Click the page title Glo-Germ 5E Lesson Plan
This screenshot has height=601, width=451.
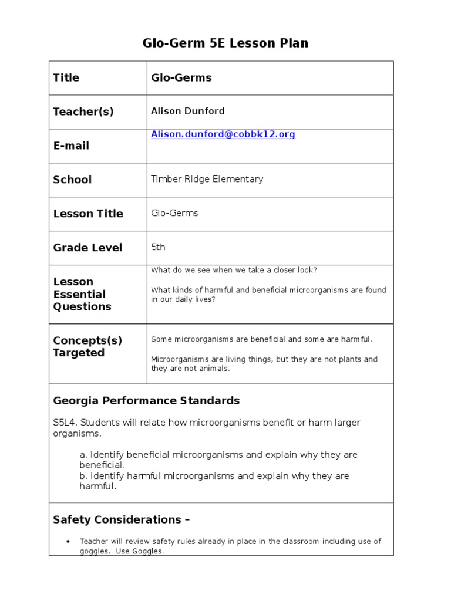click(x=225, y=43)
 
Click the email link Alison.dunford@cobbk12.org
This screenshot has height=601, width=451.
click(x=223, y=134)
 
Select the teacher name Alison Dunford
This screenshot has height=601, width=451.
click(x=187, y=111)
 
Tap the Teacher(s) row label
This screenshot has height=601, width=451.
click(x=83, y=112)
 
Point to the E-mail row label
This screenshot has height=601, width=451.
click(x=71, y=146)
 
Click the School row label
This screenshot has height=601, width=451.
click(x=72, y=180)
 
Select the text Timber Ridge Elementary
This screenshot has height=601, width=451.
click(x=207, y=179)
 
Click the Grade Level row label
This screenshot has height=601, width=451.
click(x=87, y=248)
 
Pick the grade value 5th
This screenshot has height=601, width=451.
click(x=158, y=247)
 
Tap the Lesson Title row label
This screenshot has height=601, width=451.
click(x=88, y=214)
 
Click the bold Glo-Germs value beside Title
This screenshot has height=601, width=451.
click(x=181, y=77)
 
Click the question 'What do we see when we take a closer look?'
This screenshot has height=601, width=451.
click(x=234, y=270)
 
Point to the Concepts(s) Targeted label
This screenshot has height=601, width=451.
click(x=87, y=346)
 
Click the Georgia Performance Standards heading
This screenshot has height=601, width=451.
click(x=146, y=401)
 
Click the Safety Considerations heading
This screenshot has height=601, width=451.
click(x=121, y=519)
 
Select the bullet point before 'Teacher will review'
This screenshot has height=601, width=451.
click(x=69, y=542)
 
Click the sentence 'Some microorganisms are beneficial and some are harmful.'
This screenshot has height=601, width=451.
click(x=261, y=339)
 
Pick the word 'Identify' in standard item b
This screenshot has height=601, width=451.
click(x=107, y=476)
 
